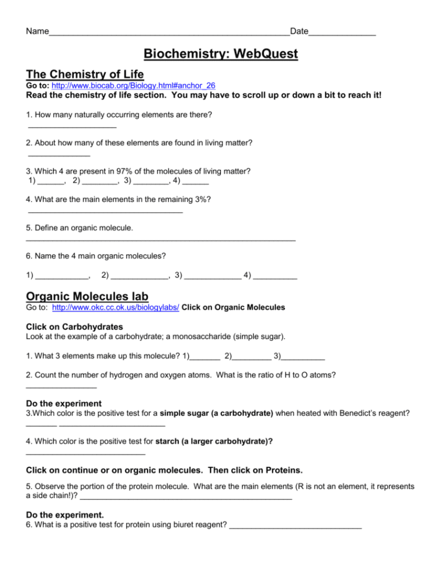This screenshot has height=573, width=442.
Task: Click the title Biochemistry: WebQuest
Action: pos(221,55)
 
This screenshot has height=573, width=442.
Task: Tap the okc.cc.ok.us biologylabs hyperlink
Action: pos(116,307)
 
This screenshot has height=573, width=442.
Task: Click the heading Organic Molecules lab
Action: pos(87,295)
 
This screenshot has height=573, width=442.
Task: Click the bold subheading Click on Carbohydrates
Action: pos(74,327)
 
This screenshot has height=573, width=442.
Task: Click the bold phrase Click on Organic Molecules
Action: pos(234,307)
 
